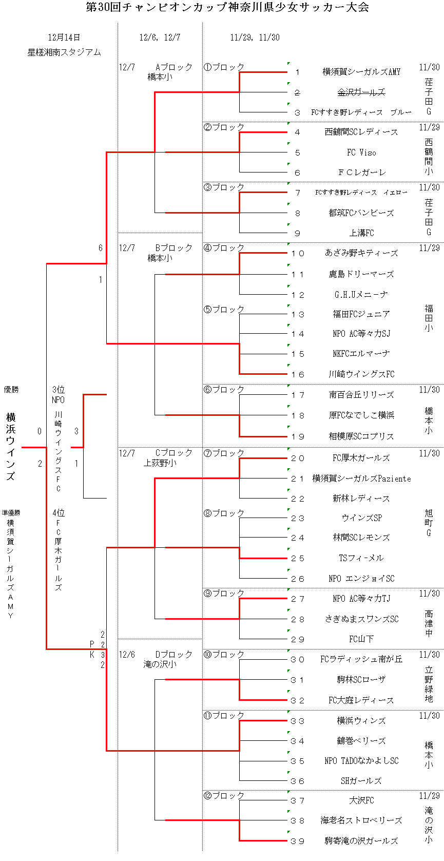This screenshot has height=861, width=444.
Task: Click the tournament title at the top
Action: pyautogui.click(x=227, y=7)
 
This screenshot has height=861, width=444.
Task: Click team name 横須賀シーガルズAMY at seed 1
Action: pyautogui.click(x=361, y=72)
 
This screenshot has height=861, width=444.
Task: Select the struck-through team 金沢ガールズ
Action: pyautogui.click(x=361, y=92)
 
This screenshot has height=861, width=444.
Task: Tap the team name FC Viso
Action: pyautogui.click(x=361, y=152)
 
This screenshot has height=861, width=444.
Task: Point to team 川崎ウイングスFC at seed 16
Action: pyautogui.click(x=361, y=374)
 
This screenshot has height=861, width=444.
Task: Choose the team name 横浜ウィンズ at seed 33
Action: pyautogui.click(x=361, y=721)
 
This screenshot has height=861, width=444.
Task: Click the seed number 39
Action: pyautogui.click(x=298, y=841)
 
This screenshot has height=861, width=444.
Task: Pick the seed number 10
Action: pyautogui.click(x=298, y=253)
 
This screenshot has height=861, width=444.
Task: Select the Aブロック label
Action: pyautogui.click(x=174, y=67)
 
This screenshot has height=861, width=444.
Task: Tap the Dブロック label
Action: pyautogui.click(x=174, y=655)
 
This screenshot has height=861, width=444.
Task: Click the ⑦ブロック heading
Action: pyautogui.click(x=224, y=453)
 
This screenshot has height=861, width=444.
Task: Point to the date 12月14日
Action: pyautogui.click(x=64, y=37)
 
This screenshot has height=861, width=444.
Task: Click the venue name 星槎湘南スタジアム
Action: pyautogui.click(x=64, y=52)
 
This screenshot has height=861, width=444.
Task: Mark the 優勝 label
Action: pyautogui.click(x=11, y=390)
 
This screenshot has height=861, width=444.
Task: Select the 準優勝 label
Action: pyautogui.click(x=11, y=512)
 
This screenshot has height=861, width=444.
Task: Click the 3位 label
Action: pyautogui.click(x=59, y=390)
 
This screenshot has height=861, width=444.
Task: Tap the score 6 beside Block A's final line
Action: pyautogui.click(x=101, y=248)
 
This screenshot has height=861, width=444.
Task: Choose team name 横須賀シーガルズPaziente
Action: pyautogui.click(x=361, y=479)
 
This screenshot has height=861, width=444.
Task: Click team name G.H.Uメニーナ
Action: pyautogui.click(x=361, y=295)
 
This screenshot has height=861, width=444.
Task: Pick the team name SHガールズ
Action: pyautogui.click(x=361, y=781)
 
